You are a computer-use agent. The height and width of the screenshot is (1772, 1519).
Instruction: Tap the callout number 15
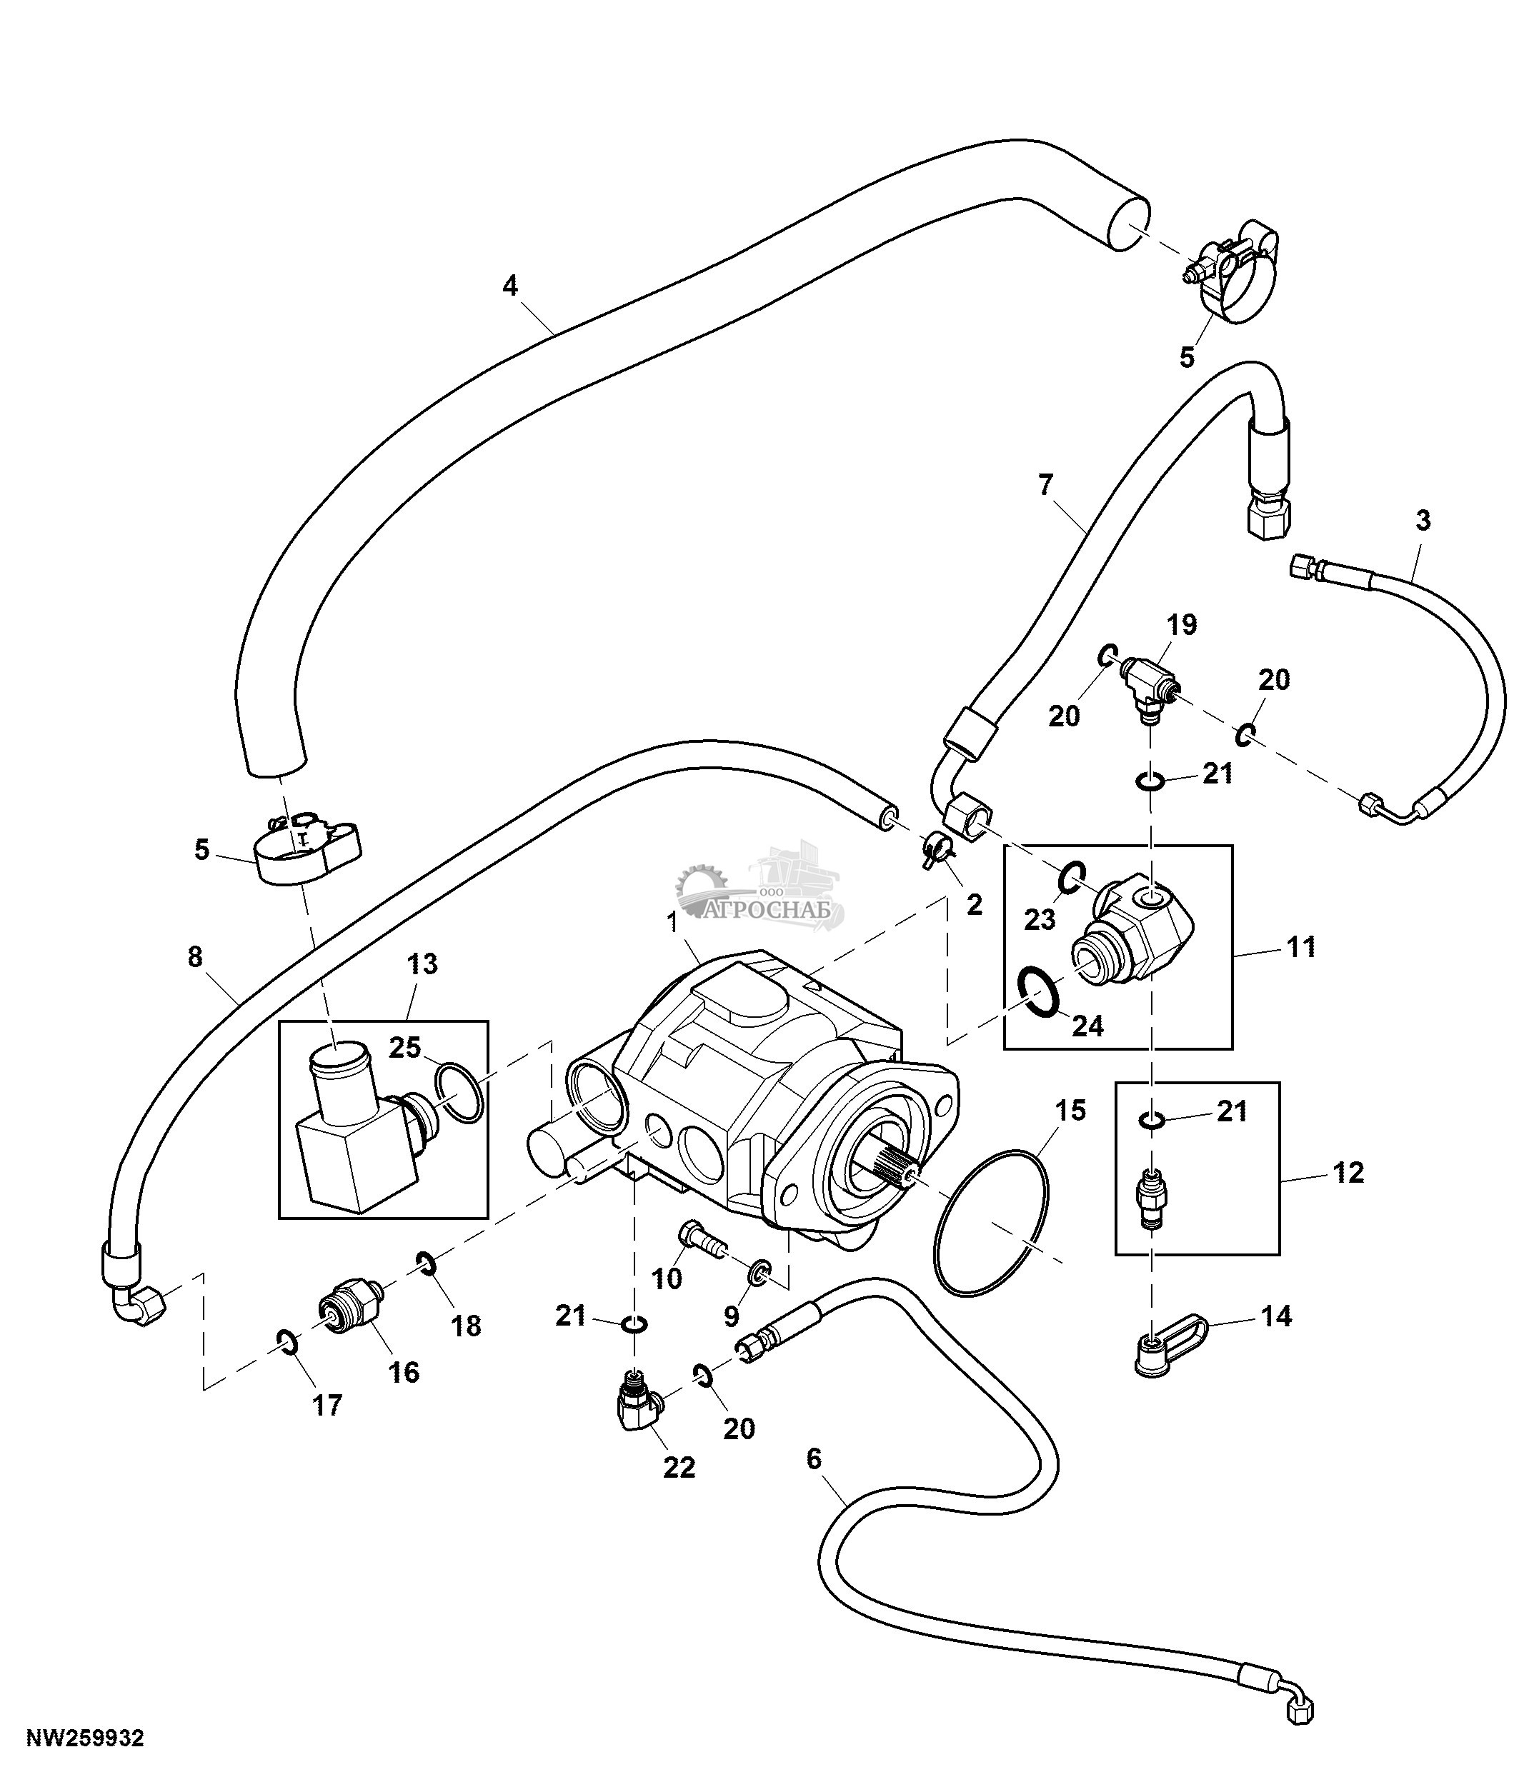(1070, 1110)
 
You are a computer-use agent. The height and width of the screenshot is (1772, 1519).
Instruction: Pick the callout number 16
(404, 1372)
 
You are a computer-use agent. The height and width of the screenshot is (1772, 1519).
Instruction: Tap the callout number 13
(422, 963)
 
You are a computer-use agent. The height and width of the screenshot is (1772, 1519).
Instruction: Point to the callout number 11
(1301, 947)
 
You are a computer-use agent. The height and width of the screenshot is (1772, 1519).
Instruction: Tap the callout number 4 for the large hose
(511, 285)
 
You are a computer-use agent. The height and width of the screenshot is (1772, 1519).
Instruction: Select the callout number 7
(1046, 485)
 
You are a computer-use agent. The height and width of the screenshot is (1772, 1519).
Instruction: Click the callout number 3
(1423, 520)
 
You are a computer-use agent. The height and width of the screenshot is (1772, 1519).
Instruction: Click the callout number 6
(813, 1458)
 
